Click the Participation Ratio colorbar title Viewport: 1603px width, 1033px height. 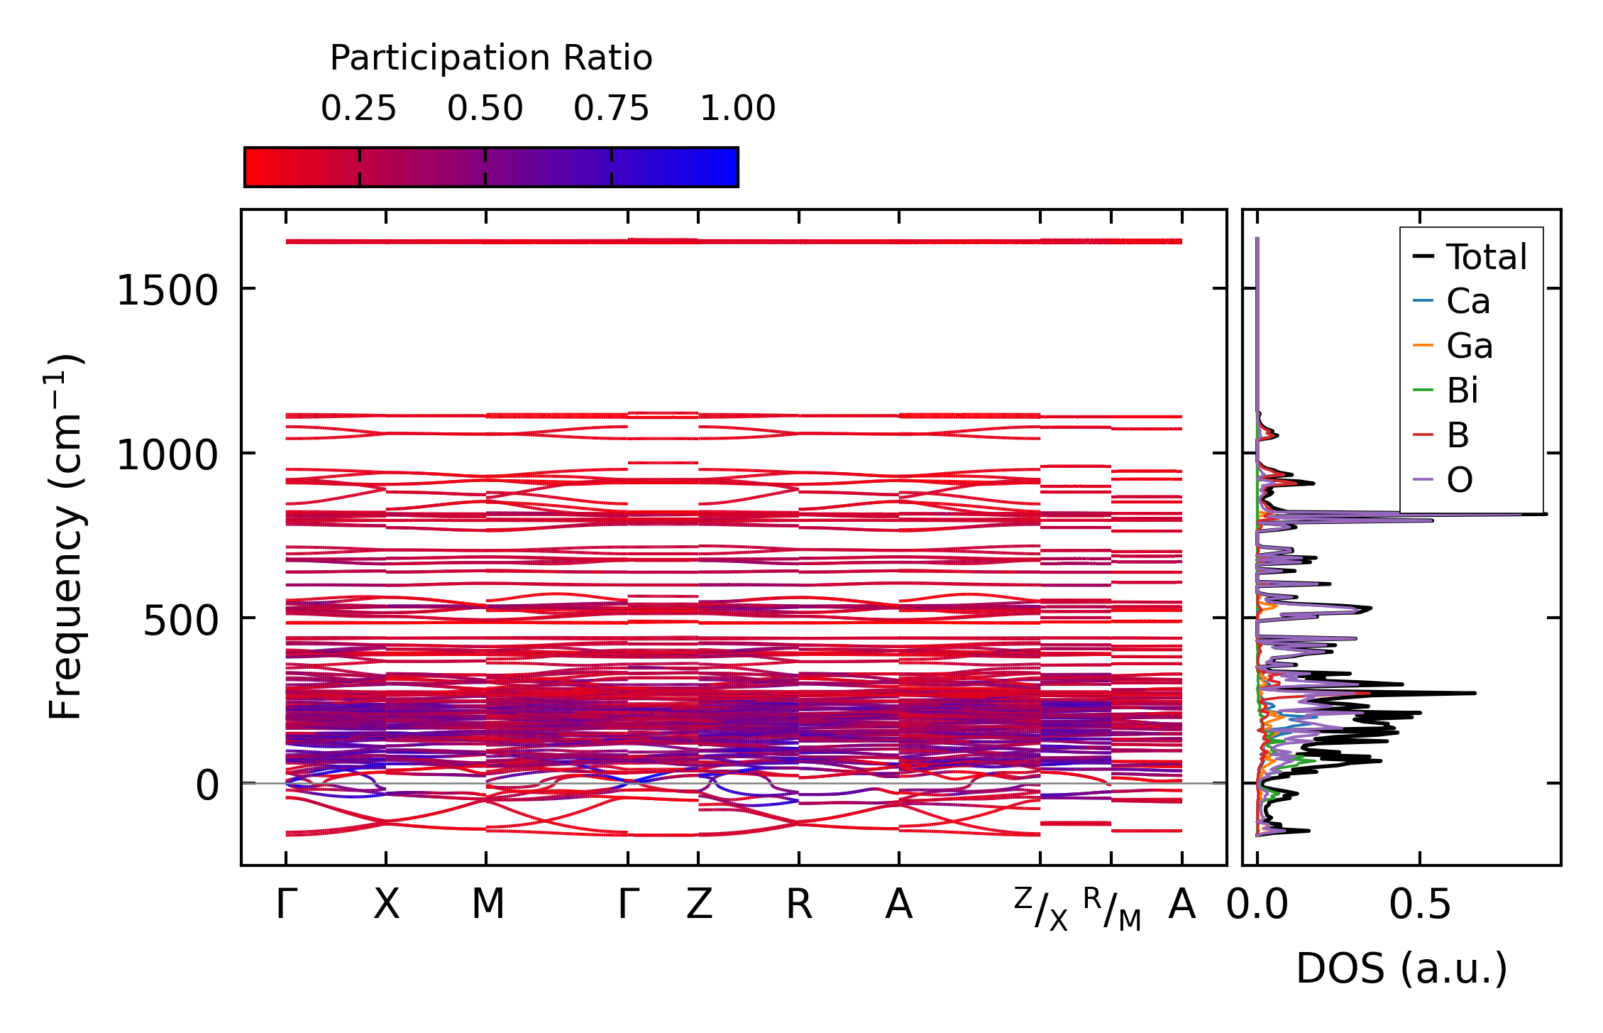(x=491, y=58)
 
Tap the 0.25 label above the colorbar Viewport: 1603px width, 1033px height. (x=358, y=109)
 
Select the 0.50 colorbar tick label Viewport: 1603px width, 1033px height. (x=485, y=109)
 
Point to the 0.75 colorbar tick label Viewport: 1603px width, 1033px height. (x=611, y=109)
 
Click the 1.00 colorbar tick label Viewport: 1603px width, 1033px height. (x=737, y=109)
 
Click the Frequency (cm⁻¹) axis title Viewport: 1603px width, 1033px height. (x=65, y=537)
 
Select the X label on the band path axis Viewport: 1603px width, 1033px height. (x=386, y=904)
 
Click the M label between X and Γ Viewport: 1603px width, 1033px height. (x=487, y=904)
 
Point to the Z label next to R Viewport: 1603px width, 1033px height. (x=699, y=904)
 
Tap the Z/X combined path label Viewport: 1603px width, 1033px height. (x=1040, y=909)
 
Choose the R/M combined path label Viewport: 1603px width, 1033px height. (x=1112, y=909)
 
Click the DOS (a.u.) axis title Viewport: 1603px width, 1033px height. (x=1401, y=968)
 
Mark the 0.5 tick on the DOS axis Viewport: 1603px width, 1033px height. (x=1420, y=904)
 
